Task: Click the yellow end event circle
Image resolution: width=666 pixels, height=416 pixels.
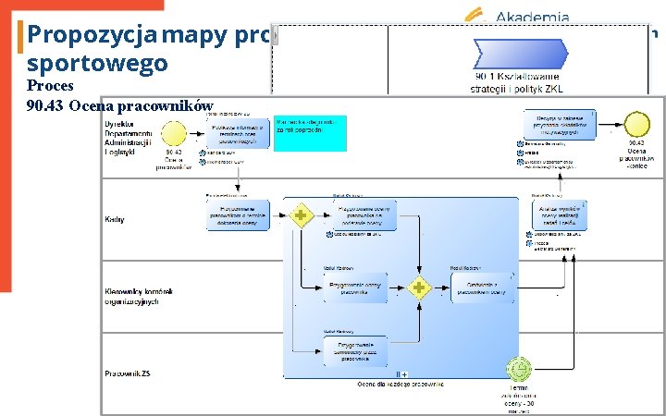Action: click(635, 124)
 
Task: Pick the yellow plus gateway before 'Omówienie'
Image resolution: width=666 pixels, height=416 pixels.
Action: click(420, 287)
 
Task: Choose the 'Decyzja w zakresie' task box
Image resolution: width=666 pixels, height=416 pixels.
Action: click(558, 124)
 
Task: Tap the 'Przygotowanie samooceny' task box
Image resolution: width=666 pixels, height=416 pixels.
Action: click(354, 352)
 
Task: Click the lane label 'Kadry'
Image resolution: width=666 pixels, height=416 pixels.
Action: click(116, 220)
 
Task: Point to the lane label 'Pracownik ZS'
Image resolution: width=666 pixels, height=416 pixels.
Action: click(129, 374)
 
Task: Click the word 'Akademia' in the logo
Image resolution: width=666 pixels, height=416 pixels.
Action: click(533, 16)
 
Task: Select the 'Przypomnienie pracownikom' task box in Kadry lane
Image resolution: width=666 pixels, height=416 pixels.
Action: click(239, 214)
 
